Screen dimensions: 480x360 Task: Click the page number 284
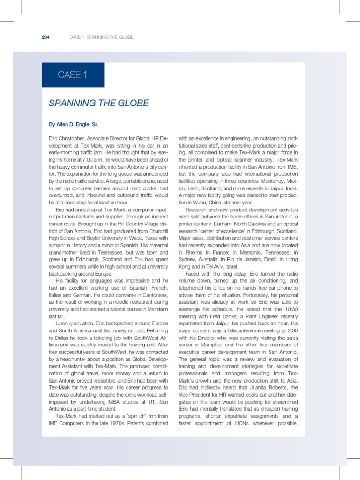[46, 37]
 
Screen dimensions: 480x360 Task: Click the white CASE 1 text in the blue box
[73, 75]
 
